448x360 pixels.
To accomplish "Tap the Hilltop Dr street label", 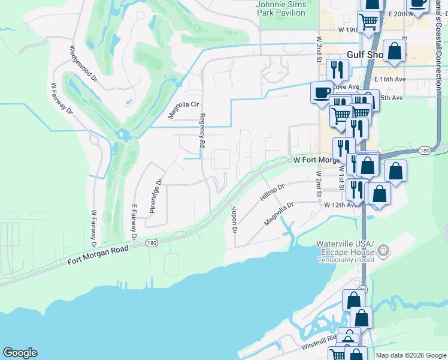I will [271, 193].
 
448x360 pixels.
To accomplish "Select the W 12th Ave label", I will [341, 205].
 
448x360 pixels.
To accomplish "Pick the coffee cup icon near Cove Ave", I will [322, 93].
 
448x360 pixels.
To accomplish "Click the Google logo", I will [20, 353].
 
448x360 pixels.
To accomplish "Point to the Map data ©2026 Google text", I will [410, 355].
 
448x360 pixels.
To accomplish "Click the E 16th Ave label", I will [390, 79].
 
